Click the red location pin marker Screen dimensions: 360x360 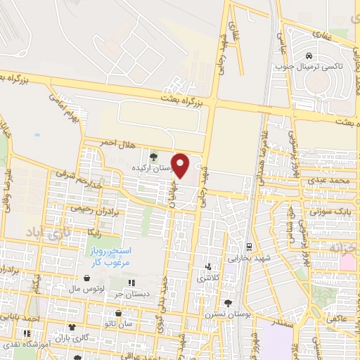pos(181,165)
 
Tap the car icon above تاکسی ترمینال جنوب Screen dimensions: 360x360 pos(309,53)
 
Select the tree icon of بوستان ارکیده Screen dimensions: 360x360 pos(153,155)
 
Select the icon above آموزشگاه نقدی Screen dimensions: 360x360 pos(28,334)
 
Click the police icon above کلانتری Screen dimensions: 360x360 pos(207,267)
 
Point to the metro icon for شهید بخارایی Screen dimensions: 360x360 pos(248,247)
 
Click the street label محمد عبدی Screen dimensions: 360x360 pos(332,182)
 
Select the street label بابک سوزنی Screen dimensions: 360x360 pos(329,210)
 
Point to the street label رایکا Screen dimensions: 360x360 pos(95,229)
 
